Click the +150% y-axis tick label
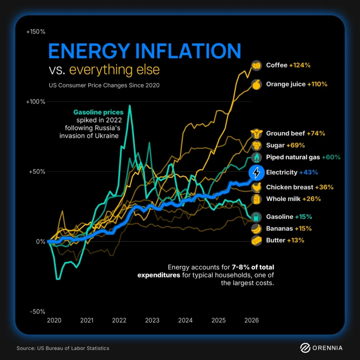pos(36,31)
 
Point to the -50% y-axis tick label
pos(37,312)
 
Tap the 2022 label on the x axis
pos(119,321)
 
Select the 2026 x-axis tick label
pos(251,321)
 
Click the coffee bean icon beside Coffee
pos(256,65)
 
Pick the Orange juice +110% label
pos(296,84)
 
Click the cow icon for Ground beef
pos(256,133)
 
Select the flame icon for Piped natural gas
pos(256,157)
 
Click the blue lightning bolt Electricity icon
pos(256,172)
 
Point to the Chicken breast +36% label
pos(300,187)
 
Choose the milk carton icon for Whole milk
pos(256,199)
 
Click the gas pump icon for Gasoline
pos(256,217)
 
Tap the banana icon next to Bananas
pos(256,229)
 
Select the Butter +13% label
pos(285,240)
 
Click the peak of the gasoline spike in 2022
pos(129,106)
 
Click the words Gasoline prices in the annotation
pos(98,112)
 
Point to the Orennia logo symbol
pos(305,348)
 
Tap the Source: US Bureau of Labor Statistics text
pos(63,348)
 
